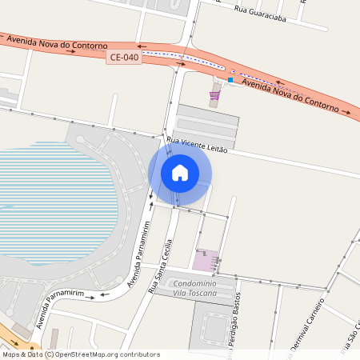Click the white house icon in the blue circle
point(180,173)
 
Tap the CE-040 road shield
point(124,58)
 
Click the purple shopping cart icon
point(214,95)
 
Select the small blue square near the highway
point(230,80)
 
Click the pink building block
point(205,260)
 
